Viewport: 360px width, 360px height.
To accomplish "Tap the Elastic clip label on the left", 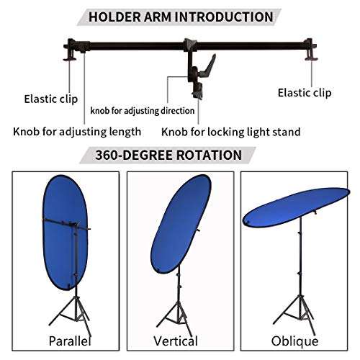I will (51, 98).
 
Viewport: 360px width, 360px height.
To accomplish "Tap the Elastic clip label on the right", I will (305, 92).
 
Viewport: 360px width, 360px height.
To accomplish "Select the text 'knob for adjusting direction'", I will (143, 111).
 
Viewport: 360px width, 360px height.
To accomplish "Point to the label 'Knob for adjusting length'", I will (76, 132).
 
